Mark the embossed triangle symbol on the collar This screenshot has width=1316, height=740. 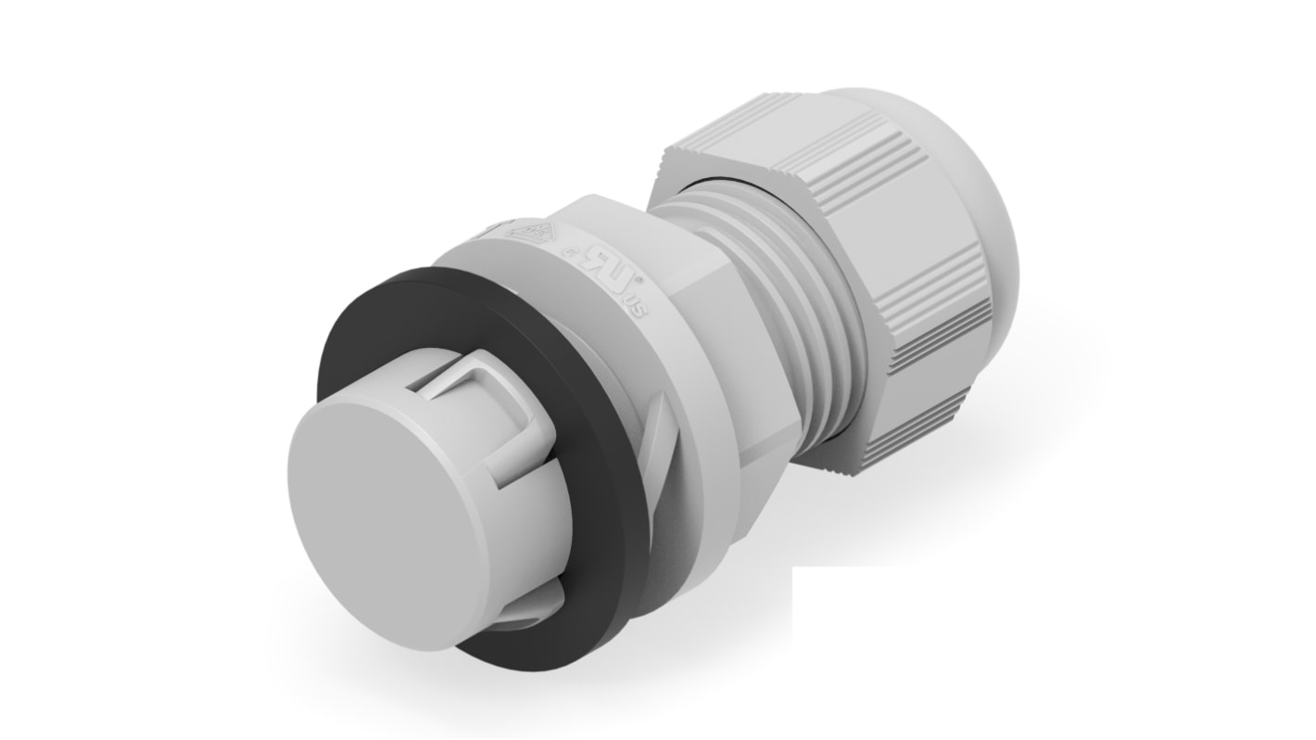pyautogui.click(x=525, y=232)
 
